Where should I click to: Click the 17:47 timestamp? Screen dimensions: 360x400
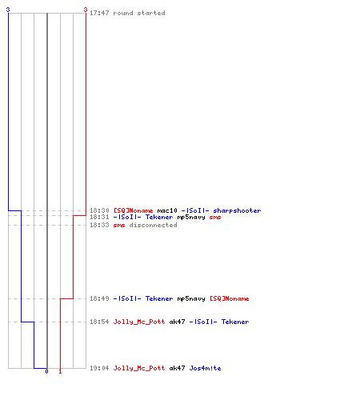click(99, 13)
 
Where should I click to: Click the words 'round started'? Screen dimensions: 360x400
click(139, 13)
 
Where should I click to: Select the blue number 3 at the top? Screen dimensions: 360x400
click(8, 10)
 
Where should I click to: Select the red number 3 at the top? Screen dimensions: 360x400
click(86, 10)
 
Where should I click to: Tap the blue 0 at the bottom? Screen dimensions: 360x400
click(46, 371)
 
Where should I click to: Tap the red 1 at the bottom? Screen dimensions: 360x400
click(60, 371)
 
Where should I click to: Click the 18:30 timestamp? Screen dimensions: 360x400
click(99, 210)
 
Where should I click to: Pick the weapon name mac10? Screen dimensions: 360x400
click(167, 210)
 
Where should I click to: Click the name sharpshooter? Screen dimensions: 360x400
click(237, 210)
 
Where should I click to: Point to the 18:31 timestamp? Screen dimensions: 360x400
click(99, 217)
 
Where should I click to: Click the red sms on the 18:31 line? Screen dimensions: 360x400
click(215, 218)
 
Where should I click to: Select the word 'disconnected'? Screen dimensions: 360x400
click(153, 225)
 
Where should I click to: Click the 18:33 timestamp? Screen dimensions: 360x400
click(99, 225)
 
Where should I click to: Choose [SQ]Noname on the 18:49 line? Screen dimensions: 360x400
click(230, 298)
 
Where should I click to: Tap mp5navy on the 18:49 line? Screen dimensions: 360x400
click(191, 298)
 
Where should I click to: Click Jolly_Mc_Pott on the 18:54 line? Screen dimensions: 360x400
click(139, 322)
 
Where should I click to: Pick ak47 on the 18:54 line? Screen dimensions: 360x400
click(177, 322)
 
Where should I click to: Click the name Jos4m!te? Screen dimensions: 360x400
click(205, 368)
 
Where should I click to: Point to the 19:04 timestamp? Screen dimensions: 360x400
click(99, 368)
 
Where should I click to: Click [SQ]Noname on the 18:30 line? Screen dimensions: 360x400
click(134, 210)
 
